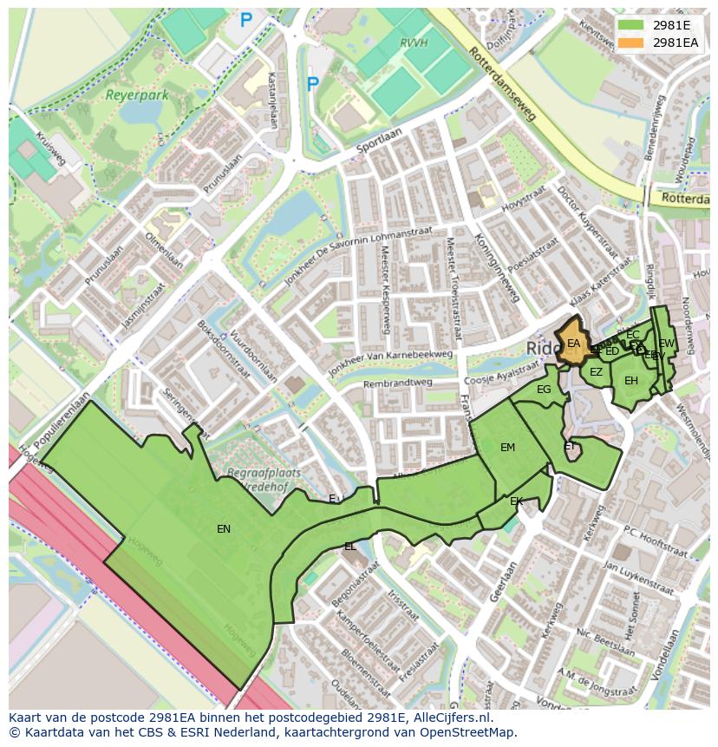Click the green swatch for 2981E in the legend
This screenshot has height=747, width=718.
[630, 24]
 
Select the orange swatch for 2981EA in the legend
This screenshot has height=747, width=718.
[630, 42]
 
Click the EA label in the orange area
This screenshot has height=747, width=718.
[573, 344]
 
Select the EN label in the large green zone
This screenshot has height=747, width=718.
[224, 528]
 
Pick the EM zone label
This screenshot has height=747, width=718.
[507, 448]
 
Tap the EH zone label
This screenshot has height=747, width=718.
[630, 381]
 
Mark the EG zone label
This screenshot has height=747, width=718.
[544, 390]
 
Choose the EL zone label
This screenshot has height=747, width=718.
[349, 547]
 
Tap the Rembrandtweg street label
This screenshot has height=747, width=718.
[396, 382]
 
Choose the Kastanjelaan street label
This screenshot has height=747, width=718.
[271, 100]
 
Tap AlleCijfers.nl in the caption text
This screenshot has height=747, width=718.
[449, 718]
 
